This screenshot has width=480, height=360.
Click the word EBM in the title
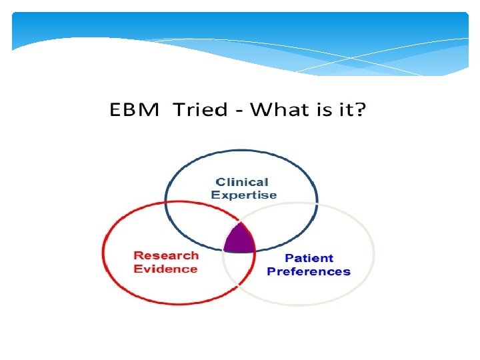(134, 110)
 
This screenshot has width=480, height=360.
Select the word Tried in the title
(200, 110)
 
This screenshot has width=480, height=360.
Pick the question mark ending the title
(359, 110)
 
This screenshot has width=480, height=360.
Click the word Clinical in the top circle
(242, 182)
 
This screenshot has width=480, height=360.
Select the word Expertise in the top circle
(243, 195)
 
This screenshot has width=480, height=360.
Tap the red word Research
(166, 255)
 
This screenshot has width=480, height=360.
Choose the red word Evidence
(165, 269)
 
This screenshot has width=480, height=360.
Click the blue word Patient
(309, 258)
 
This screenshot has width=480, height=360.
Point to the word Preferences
(308, 271)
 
